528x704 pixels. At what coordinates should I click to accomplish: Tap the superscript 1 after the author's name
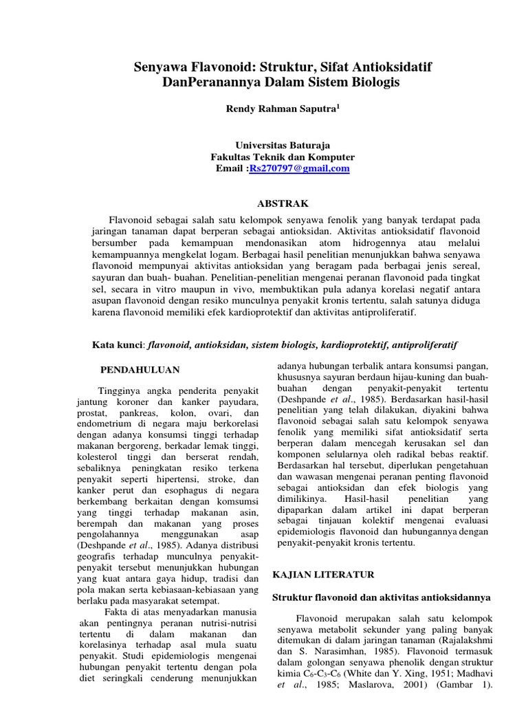[x=338, y=105]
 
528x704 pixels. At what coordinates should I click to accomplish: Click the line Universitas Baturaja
[x=283, y=145]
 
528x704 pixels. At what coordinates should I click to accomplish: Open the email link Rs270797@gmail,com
[x=299, y=168]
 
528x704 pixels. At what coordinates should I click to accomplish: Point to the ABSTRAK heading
[x=283, y=203]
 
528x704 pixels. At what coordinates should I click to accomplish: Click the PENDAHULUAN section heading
[x=140, y=369]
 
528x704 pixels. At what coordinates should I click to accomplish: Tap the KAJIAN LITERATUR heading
[x=323, y=573]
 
